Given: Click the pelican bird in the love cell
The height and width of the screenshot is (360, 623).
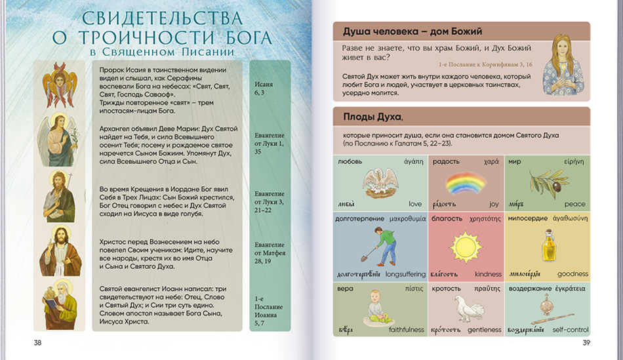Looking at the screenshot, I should (x=380, y=183).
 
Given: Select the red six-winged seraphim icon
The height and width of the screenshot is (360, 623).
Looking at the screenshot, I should (x=60, y=85).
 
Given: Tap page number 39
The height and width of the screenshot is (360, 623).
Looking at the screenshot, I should (x=586, y=343).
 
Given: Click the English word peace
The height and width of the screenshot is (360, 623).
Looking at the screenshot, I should (x=574, y=205).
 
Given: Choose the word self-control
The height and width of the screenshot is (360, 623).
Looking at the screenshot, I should (x=569, y=330).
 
